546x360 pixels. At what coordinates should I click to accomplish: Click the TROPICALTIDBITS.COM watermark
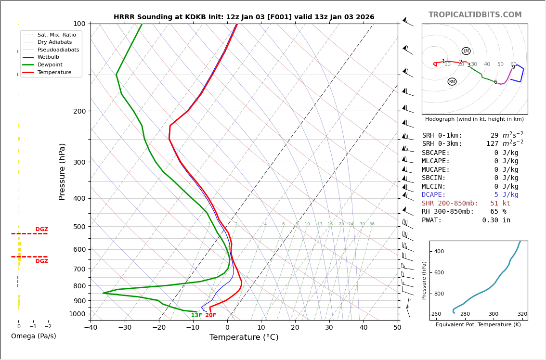(475, 15)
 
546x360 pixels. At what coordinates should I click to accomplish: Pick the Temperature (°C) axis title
(244, 337)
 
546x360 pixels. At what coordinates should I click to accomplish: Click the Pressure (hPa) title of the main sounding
(62, 171)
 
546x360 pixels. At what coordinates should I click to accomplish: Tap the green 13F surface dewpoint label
(196, 315)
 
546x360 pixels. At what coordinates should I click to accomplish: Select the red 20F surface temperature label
(211, 315)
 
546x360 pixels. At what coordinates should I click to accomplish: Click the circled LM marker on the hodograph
(466, 51)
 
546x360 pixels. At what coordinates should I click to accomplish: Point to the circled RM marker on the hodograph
(452, 82)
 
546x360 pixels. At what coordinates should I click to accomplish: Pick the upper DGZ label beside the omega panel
(41, 230)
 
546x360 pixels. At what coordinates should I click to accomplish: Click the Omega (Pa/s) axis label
(34, 336)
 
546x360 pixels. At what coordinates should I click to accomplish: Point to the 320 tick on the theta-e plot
(522, 314)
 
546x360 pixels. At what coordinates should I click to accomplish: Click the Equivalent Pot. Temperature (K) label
(479, 324)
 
